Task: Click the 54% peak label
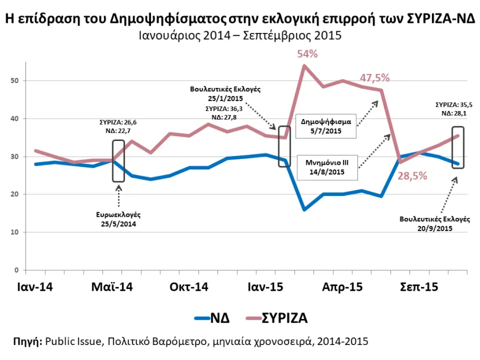[307, 54]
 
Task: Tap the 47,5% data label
[375, 78]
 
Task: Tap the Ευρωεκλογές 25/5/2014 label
[119, 218]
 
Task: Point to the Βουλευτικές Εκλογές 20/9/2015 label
[435, 223]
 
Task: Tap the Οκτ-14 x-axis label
[189, 287]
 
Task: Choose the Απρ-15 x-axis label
[341, 287]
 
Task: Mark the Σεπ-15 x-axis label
[419, 287]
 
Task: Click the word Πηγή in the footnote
[27, 341]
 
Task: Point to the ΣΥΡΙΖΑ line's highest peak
[304, 65]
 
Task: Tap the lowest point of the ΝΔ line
[304, 209]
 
